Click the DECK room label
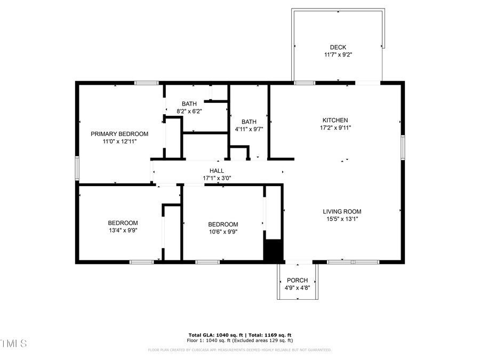[x=338, y=47]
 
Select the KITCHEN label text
[x=335, y=120]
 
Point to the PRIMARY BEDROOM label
[x=119, y=134]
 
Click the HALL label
[x=217, y=171]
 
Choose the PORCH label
[x=297, y=281]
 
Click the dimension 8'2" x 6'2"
[x=189, y=111]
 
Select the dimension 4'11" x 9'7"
[x=249, y=129]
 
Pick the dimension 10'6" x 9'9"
[x=223, y=232]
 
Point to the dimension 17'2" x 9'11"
[x=335, y=127]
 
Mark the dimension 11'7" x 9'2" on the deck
[x=338, y=55]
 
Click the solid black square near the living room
[x=273, y=251]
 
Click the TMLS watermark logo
[x=13, y=343]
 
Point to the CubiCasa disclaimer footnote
[x=239, y=350]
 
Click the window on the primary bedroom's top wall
[x=146, y=83]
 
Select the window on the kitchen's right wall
[x=403, y=148]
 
